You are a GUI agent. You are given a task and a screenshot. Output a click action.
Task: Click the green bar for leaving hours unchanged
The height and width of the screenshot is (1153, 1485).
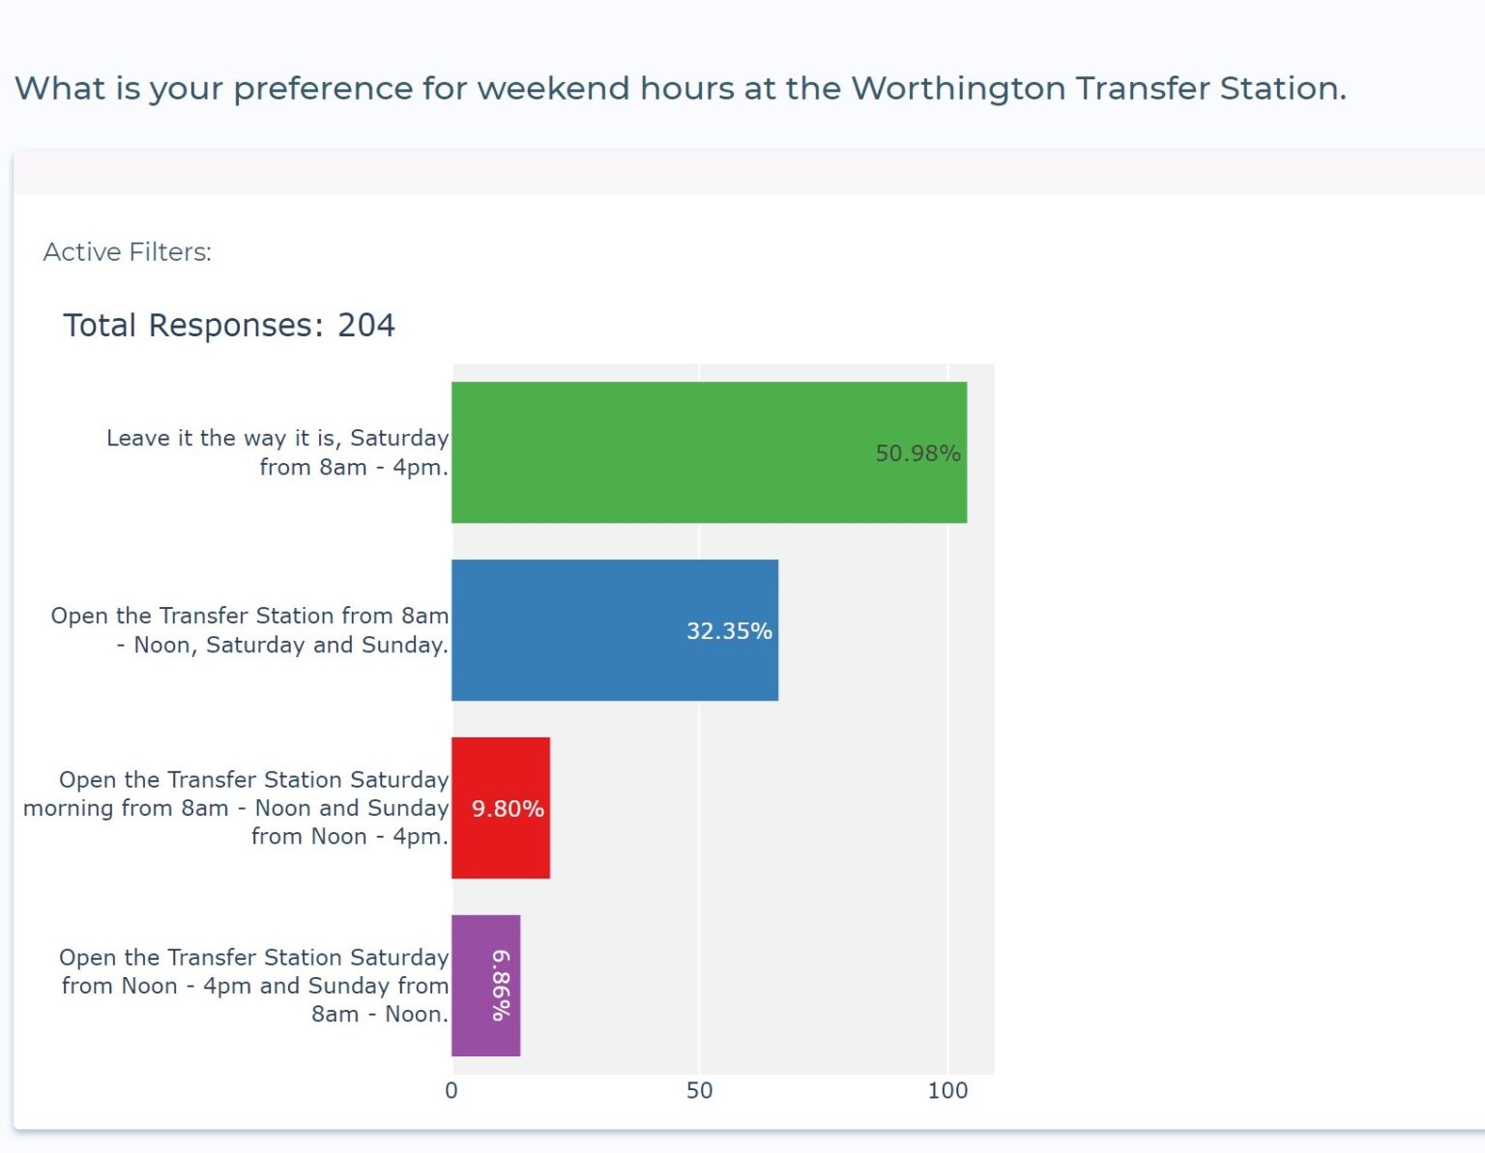pyautogui.click(x=710, y=452)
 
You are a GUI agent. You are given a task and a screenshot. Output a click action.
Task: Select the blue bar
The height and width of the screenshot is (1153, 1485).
pyautogui.click(x=615, y=630)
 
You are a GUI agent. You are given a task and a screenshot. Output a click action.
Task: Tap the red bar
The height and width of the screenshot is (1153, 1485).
pyautogui.click(x=501, y=807)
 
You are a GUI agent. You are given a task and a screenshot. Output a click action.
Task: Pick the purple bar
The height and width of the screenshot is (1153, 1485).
pyautogui.click(x=486, y=985)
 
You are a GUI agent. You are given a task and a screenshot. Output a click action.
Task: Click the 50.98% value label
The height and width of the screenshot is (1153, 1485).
pyautogui.click(x=917, y=453)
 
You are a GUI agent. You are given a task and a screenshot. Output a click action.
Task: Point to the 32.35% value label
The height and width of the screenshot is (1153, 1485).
pyautogui.click(x=729, y=630)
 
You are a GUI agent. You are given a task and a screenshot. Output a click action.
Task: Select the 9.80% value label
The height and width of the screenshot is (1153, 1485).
pyautogui.click(x=508, y=808)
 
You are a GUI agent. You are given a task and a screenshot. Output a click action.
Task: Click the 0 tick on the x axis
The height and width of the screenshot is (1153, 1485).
pyautogui.click(x=451, y=1090)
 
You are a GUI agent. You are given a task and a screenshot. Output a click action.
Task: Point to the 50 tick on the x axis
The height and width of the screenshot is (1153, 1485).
pyautogui.click(x=700, y=1090)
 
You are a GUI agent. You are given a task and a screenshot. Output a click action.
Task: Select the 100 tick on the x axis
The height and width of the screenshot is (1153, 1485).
pyautogui.click(x=947, y=1090)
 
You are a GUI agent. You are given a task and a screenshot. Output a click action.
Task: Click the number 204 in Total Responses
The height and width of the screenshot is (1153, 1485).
pyautogui.click(x=366, y=325)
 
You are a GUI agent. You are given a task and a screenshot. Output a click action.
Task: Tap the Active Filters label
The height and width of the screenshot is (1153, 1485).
pyautogui.click(x=128, y=252)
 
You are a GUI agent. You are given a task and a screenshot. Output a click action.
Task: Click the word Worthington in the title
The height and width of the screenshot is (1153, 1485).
pyautogui.click(x=958, y=89)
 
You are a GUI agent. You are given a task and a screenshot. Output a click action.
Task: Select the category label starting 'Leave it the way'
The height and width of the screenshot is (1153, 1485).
pyautogui.click(x=277, y=452)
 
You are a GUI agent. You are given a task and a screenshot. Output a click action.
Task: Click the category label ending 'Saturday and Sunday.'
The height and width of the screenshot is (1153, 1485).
pyautogui.click(x=250, y=630)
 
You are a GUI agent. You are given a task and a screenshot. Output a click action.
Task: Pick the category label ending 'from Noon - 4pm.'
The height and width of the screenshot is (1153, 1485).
pyautogui.click(x=237, y=807)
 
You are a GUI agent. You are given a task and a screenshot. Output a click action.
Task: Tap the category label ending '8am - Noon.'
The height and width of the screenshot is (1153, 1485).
pyautogui.click(x=254, y=985)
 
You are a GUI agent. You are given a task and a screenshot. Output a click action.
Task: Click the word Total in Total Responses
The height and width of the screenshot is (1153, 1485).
pyautogui.click(x=100, y=325)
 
